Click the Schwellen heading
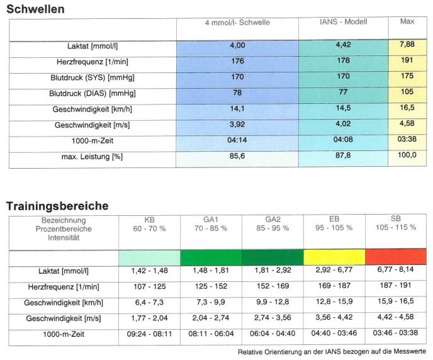pyautogui.click(x=35, y=9)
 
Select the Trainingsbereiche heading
pyautogui.click(x=57, y=206)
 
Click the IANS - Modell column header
pyautogui.click(x=343, y=22)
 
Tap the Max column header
pyautogui.click(x=407, y=21)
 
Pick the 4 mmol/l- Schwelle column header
pyautogui.click(x=237, y=23)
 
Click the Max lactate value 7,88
pyautogui.click(x=407, y=44)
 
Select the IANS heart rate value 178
pyautogui.click(x=343, y=60)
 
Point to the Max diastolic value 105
pyautogui.click(x=407, y=92)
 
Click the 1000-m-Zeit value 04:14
pyautogui.click(x=237, y=140)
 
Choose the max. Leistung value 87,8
pyautogui.click(x=343, y=155)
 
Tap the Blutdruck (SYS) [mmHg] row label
pyautogui.click(x=93, y=78)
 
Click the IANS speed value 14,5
pyautogui.click(x=343, y=108)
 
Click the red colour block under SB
pyautogui.click(x=396, y=257)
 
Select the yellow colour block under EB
pyautogui.click(x=334, y=257)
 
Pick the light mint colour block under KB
pyautogui.click(x=149, y=258)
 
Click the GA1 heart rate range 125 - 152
pyautogui.click(x=211, y=286)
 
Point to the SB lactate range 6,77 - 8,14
pyautogui.click(x=395, y=269)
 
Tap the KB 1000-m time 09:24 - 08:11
pyautogui.click(x=149, y=334)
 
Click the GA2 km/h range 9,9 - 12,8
pyautogui.click(x=273, y=301)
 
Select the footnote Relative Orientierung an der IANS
pyautogui.click(x=332, y=352)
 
